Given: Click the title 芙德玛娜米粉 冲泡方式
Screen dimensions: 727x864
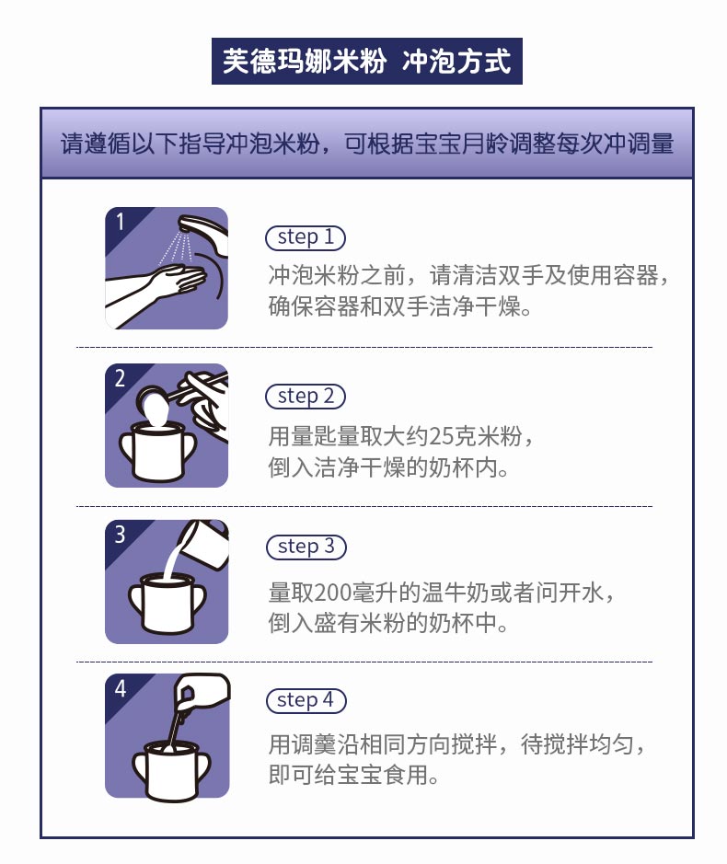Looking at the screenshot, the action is (x=366, y=61).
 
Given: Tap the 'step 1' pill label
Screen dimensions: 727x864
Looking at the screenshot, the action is (x=306, y=237).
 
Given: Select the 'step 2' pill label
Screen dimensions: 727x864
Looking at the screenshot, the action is (x=306, y=397).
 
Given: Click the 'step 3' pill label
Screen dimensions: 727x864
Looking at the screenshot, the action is (x=306, y=547).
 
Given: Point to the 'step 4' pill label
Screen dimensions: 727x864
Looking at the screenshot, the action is (x=306, y=700).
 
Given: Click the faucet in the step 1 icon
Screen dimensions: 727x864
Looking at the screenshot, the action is (x=204, y=233).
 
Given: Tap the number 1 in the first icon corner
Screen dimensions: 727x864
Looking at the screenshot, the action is (x=120, y=222).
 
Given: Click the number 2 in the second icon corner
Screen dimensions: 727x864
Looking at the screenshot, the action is (x=120, y=378).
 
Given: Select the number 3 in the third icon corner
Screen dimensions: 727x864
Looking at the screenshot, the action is (x=120, y=535).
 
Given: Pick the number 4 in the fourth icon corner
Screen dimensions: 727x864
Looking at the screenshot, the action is (x=121, y=689).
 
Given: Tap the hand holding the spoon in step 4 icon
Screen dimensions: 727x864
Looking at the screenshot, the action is (x=200, y=692).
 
